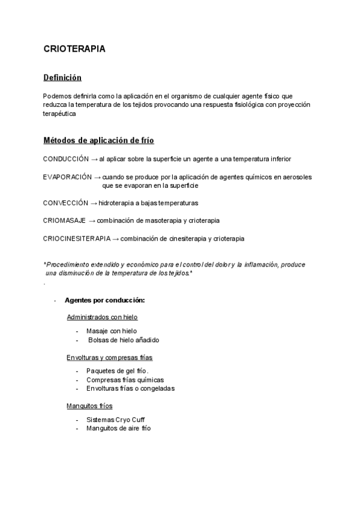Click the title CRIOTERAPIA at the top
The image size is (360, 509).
pyautogui.click(x=74, y=49)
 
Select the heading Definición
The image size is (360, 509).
pyautogui.click(x=62, y=77)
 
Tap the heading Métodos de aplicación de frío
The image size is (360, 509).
pyautogui.click(x=98, y=140)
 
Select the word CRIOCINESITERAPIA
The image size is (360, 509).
pyautogui.click(x=77, y=238)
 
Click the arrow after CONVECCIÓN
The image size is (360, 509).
pyautogui.click(x=93, y=203)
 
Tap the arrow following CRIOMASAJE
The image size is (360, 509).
pyautogui.click(x=92, y=220)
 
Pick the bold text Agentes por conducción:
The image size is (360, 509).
pyautogui.click(x=105, y=300)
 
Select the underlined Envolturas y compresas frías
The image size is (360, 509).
pyautogui.click(x=109, y=358)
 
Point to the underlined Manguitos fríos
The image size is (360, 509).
pyautogui.click(x=89, y=406)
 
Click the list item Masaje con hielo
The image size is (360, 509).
pyautogui.click(x=112, y=331)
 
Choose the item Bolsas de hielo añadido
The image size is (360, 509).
pyautogui.click(x=124, y=340)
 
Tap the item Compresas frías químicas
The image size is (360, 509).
pyautogui.click(x=125, y=379)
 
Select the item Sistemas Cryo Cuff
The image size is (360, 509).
pyautogui.click(x=115, y=420)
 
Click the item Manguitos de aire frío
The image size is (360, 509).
pyautogui.click(x=119, y=429)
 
